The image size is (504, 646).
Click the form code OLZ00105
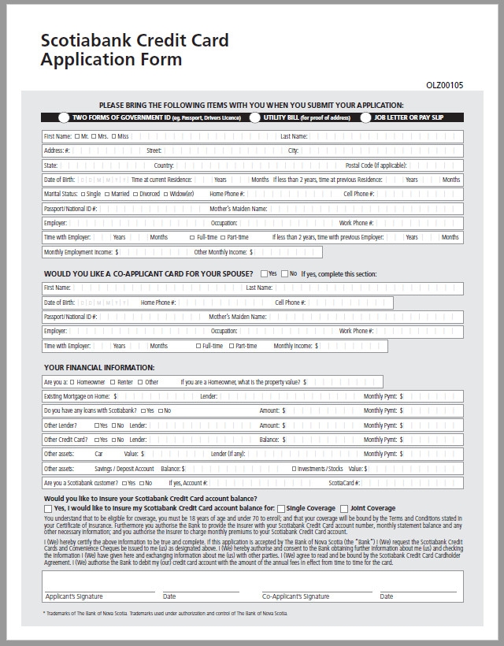coord(445,85)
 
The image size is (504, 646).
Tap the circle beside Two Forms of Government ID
coord(64,117)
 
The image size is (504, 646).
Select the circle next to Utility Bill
coord(255,117)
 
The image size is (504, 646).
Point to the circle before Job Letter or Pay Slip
coord(366,117)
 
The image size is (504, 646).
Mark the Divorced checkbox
coord(135,194)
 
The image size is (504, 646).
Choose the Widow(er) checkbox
coord(166,194)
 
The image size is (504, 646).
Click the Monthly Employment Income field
coord(154,252)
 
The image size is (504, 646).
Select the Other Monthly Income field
coord(287,252)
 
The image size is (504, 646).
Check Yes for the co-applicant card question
coord(265,273)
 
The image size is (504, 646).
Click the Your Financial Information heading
coord(99,368)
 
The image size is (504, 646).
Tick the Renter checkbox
coord(113,382)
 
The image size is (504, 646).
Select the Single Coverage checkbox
coord(281,509)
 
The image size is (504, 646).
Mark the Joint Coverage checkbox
coord(344,509)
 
